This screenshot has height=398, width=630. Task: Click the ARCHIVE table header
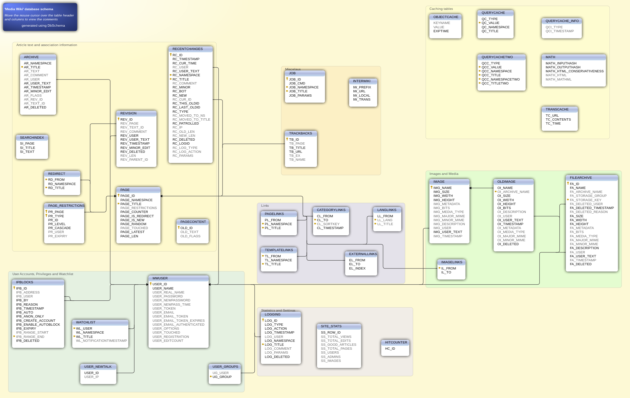(31, 57)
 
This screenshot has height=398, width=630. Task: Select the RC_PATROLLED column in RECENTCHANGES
(185, 124)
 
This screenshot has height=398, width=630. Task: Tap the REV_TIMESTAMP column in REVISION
(135, 144)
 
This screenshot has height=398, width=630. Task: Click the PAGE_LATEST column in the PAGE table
(132, 232)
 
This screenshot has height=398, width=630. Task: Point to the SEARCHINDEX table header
(32, 138)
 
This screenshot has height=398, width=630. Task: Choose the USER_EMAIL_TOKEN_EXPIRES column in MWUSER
(178, 321)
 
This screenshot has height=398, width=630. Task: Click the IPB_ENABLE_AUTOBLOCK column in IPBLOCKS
(38, 325)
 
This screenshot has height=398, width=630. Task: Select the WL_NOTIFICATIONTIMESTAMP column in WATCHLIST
(101, 341)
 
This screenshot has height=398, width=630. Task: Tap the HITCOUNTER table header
(396, 342)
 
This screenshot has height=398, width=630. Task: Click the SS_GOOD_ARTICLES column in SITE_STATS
(338, 345)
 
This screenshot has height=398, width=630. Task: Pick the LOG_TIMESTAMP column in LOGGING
(279, 333)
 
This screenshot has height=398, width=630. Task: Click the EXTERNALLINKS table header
(363, 254)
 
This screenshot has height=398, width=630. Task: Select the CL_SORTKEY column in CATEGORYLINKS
(328, 224)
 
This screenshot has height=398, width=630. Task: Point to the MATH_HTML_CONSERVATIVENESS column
(574, 71)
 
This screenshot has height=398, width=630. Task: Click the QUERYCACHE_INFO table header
(562, 21)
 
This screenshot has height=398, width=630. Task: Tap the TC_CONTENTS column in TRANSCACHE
(558, 120)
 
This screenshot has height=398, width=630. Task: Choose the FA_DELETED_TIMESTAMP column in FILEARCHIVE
(592, 208)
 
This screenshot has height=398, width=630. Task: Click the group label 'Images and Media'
(444, 174)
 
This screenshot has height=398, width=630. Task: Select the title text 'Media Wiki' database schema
(29, 9)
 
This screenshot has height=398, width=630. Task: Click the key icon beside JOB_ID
(287, 79)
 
